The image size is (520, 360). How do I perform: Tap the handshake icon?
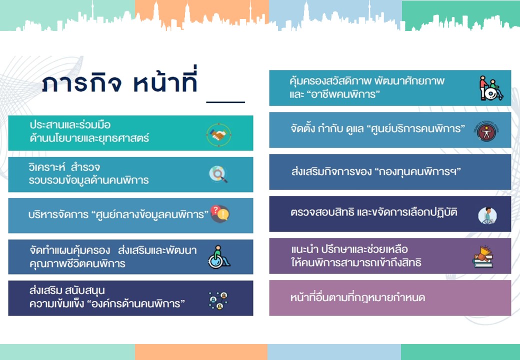point(218,134)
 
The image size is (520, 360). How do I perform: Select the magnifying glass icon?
point(218,174)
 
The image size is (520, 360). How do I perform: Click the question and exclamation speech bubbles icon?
point(219,214)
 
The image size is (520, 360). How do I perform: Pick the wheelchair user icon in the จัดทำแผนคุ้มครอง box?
point(219,257)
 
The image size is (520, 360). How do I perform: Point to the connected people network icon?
point(218,300)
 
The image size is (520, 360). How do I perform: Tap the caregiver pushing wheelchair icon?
point(491,88)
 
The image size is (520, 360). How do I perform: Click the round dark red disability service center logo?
point(486,131)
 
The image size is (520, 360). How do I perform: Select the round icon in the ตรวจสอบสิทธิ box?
point(487,215)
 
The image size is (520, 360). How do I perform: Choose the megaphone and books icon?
point(483,256)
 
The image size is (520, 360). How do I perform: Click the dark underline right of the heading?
point(225,102)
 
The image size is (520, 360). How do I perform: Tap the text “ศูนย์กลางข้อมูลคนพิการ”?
point(150,214)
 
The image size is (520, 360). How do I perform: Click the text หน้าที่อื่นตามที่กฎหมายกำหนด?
point(357,297)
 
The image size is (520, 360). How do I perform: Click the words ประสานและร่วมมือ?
point(70,124)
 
